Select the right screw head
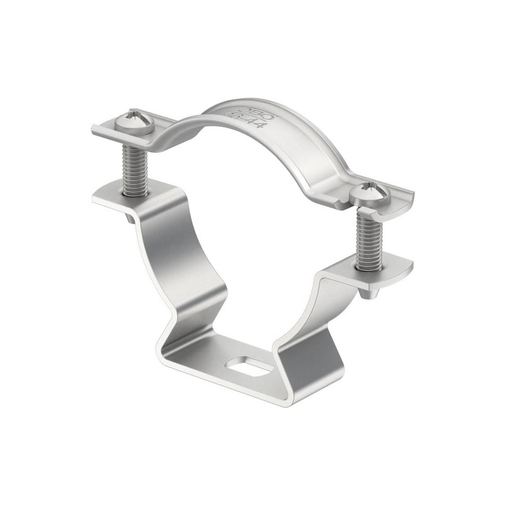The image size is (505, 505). pyautogui.click(x=367, y=191)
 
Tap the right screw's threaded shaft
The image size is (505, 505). pyautogui.click(x=367, y=240)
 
